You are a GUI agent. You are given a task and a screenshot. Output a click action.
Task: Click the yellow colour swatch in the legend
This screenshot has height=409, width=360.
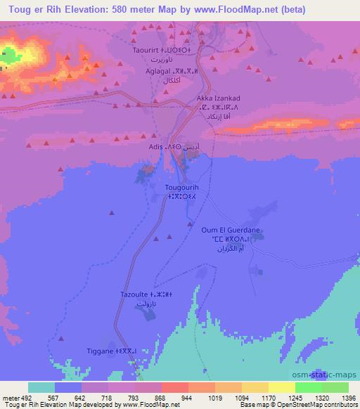coord(281,387)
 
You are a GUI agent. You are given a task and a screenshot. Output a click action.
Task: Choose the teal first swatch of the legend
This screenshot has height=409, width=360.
coord(41,387)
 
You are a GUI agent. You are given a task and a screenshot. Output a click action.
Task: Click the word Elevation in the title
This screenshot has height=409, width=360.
coord(84,10)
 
